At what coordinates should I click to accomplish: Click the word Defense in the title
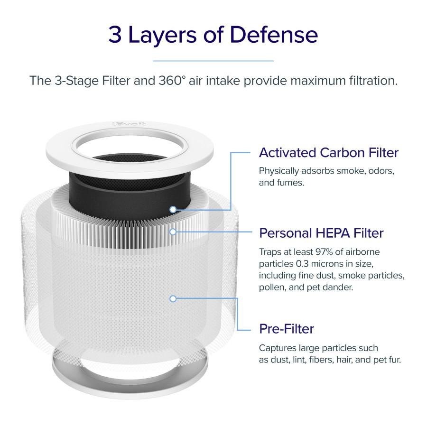point(274,35)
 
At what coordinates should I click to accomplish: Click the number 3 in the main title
point(115,35)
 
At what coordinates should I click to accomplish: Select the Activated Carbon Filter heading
point(329,152)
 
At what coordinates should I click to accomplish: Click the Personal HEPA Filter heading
point(321,233)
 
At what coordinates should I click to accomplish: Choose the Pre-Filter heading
point(287,329)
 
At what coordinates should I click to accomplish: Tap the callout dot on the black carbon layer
point(173,209)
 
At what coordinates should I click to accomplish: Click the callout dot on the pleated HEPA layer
point(173,232)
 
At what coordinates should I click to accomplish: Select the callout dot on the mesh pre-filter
point(173,299)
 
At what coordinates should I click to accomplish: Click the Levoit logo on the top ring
point(129,124)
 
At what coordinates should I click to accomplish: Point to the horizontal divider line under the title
point(213,61)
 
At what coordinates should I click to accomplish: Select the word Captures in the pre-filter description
point(278,348)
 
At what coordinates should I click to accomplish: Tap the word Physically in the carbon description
point(279,171)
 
